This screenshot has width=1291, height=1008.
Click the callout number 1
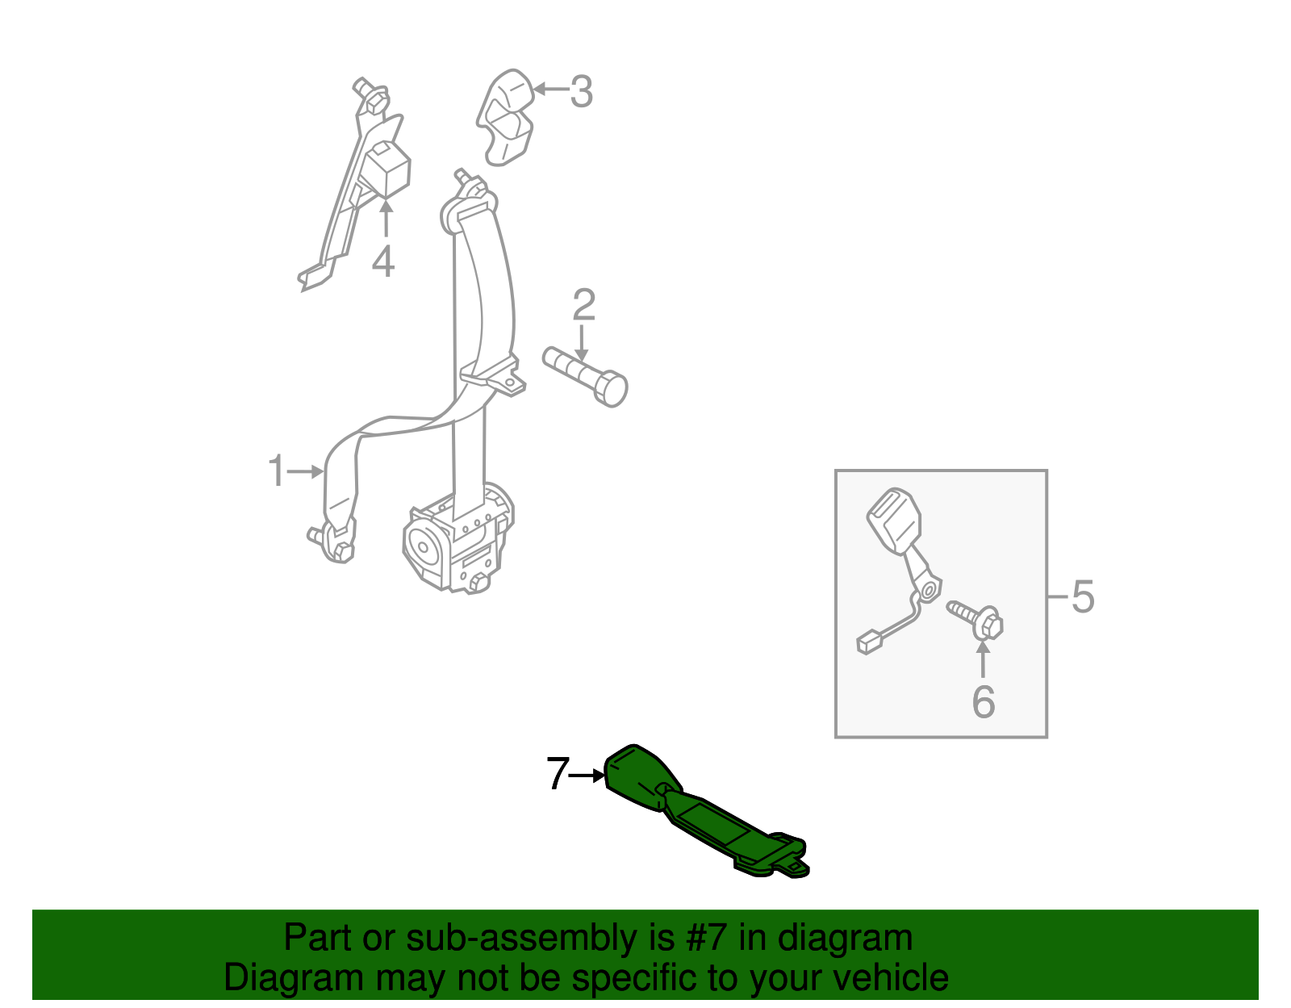tap(276, 471)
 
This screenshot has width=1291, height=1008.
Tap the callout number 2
tap(583, 306)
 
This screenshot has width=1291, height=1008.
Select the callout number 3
tap(581, 91)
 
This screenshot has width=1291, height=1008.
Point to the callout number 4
tap(383, 261)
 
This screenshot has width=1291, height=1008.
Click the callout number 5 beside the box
tap(1082, 597)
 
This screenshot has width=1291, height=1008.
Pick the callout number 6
tap(983, 701)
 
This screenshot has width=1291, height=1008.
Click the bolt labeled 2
tap(587, 377)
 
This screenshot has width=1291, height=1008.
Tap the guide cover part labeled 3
tap(505, 118)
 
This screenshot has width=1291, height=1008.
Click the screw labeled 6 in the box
tap(976, 619)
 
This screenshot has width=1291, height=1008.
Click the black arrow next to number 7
tap(587, 776)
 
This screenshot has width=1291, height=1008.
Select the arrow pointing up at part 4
tap(386, 218)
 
